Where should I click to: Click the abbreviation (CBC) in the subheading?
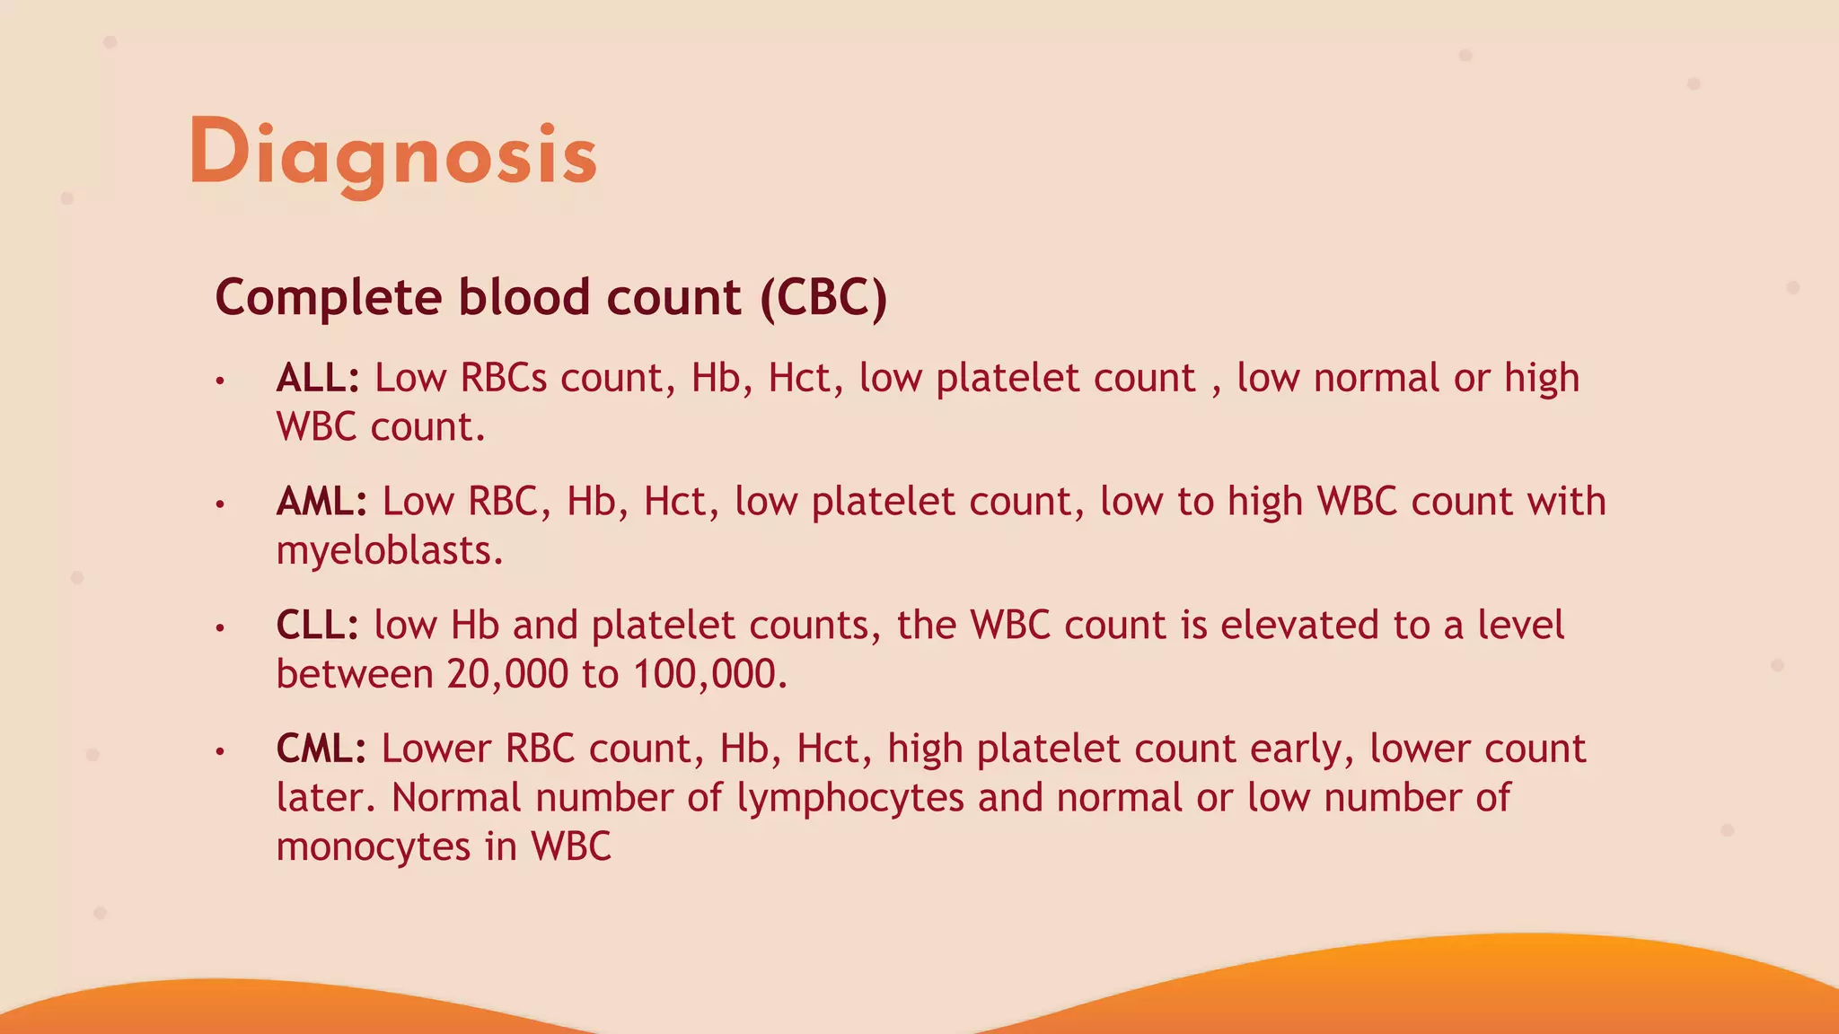[x=823, y=297]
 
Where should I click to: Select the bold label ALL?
[x=318, y=378]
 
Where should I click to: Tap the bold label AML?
[x=321, y=502]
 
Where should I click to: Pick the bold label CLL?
[x=318, y=626]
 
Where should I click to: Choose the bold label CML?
[x=321, y=749]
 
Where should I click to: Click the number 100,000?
[x=709, y=674]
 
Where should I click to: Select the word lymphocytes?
[x=850, y=798]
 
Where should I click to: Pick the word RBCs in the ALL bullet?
[x=503, y=378]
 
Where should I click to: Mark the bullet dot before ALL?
[x=219, y=381]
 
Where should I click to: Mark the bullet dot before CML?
[x=219, y=752]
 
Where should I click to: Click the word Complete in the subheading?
[x=329, y=297]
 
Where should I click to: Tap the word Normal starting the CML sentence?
[x=456, y=798]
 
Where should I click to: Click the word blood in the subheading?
[x=524, y=297]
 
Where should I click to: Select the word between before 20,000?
[x=355, y=674]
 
